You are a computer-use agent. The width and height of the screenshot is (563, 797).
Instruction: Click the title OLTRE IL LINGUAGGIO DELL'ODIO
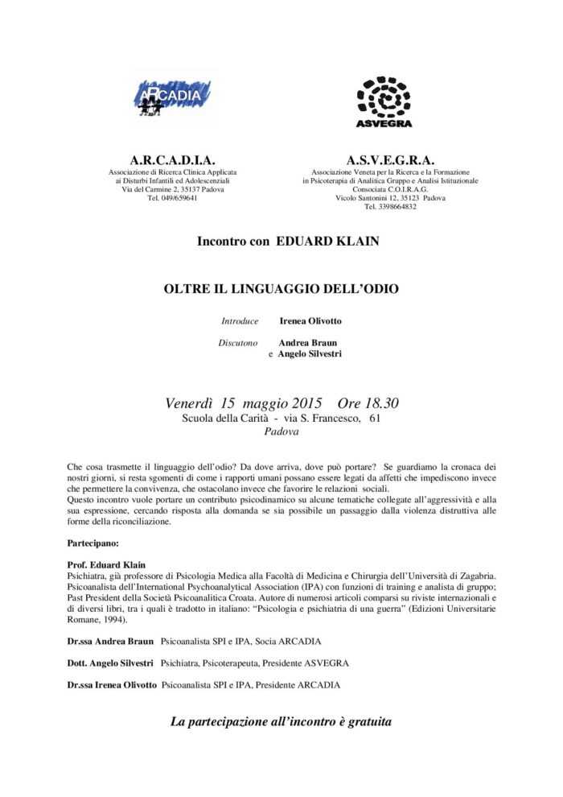pos(281,287)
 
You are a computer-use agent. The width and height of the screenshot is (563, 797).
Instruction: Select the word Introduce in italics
pos(240,320)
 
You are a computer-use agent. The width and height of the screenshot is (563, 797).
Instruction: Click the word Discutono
pos(238,342)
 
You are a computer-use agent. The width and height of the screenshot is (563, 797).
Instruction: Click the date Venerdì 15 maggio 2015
pos(243,403)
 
